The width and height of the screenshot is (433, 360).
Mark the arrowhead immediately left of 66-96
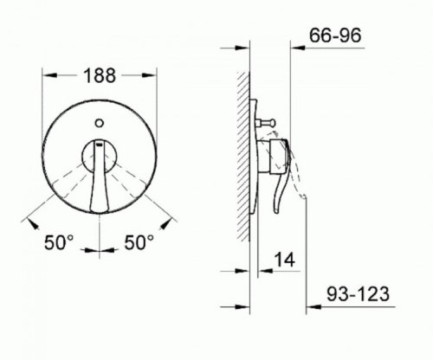(300, 37)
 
